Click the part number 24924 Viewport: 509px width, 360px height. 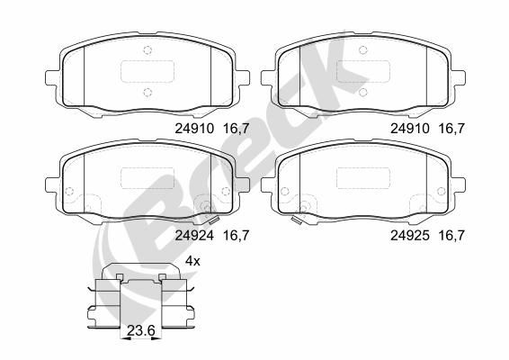point(190,236)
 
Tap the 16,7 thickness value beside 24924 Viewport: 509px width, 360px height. point(235,236)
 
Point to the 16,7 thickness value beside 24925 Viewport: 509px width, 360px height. point(451,236)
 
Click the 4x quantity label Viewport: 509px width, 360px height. point(191,260)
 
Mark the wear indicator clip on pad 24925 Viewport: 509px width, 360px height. point(296,219)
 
